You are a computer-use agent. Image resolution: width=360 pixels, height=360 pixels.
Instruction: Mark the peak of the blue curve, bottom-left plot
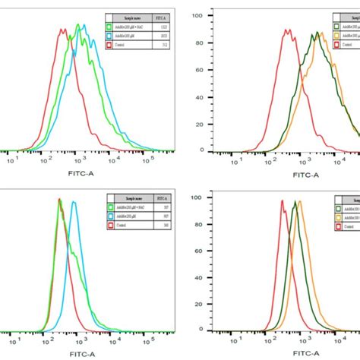tap(74, 201)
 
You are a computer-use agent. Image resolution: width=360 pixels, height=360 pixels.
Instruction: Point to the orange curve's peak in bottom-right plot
tap(299, 201)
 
